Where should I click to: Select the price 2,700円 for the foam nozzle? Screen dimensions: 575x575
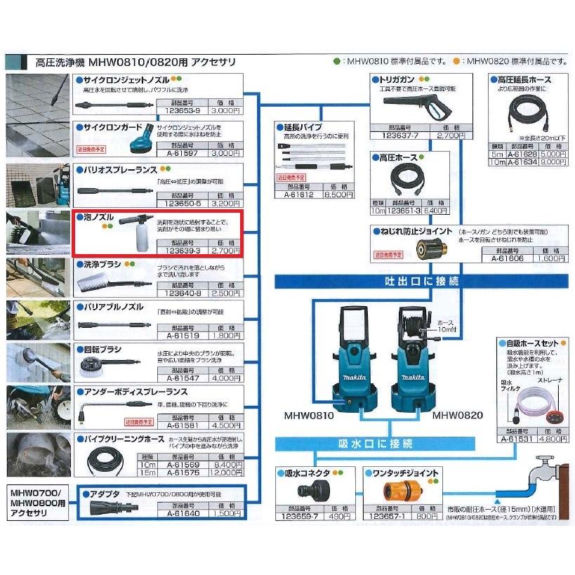(226, 249)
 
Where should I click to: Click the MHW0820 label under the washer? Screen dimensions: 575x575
(457, 416)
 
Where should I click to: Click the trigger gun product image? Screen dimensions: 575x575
(418, 106)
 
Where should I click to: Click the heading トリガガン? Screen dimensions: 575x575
(397, 80)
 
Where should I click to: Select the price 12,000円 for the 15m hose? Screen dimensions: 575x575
(226, 473)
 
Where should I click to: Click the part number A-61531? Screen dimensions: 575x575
(518, 439)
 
